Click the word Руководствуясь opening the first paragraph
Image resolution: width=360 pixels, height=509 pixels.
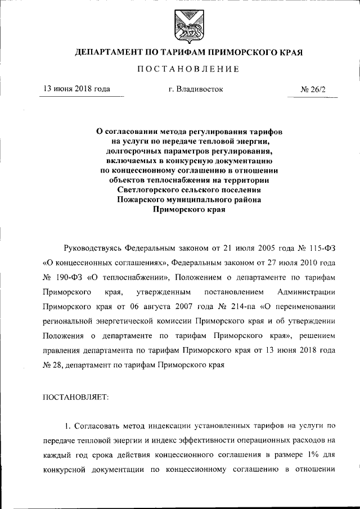93,248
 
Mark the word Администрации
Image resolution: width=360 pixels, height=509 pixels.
307,292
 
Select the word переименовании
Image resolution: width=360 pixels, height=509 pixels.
304,307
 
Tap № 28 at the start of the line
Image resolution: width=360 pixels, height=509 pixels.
51,364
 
